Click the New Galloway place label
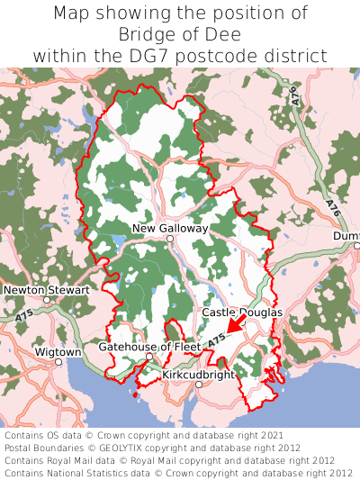pos(170,229)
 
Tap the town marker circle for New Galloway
pos(169,240)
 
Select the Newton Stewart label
pos(46,291)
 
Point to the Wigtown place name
pos(58,351)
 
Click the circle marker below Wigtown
pos(58,362)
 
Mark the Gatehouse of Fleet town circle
pos(149,358)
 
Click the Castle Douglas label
pos(242,312)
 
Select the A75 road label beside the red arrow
pos(214,340)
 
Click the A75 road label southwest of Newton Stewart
pos(24,316)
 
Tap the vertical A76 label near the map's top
pos(294,95)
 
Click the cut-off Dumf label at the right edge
pos(346,236)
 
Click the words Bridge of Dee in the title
pos(180,34)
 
